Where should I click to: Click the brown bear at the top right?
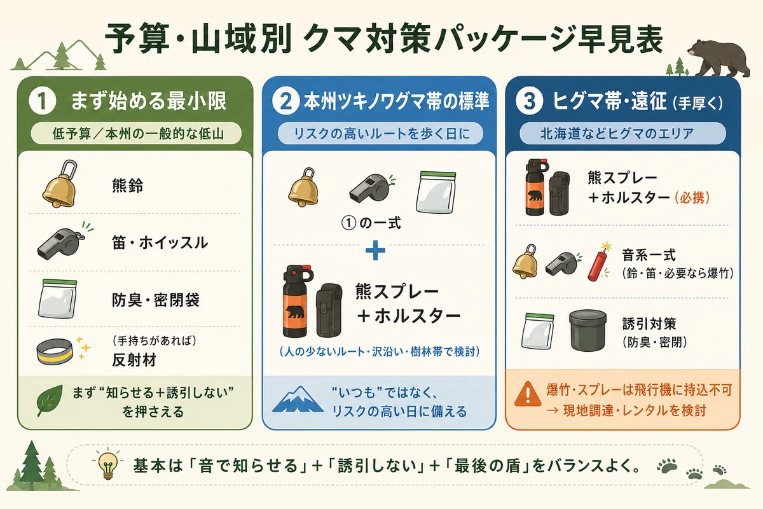[718, 58]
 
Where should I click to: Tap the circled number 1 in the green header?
[43, 101]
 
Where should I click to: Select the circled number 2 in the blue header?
[285, 101]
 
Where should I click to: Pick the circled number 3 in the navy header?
[529, 101]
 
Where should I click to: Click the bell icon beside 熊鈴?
[60, 184]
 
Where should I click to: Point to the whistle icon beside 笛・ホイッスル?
[63, 242]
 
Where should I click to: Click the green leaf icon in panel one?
[50, 401]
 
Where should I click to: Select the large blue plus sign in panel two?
[375, 251]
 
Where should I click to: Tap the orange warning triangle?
[528, 394]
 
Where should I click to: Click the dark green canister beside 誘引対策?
[588, 330]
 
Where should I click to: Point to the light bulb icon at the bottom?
[108, 464]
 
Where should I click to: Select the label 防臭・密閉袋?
[156, 300]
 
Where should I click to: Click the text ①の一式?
[371, 223]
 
